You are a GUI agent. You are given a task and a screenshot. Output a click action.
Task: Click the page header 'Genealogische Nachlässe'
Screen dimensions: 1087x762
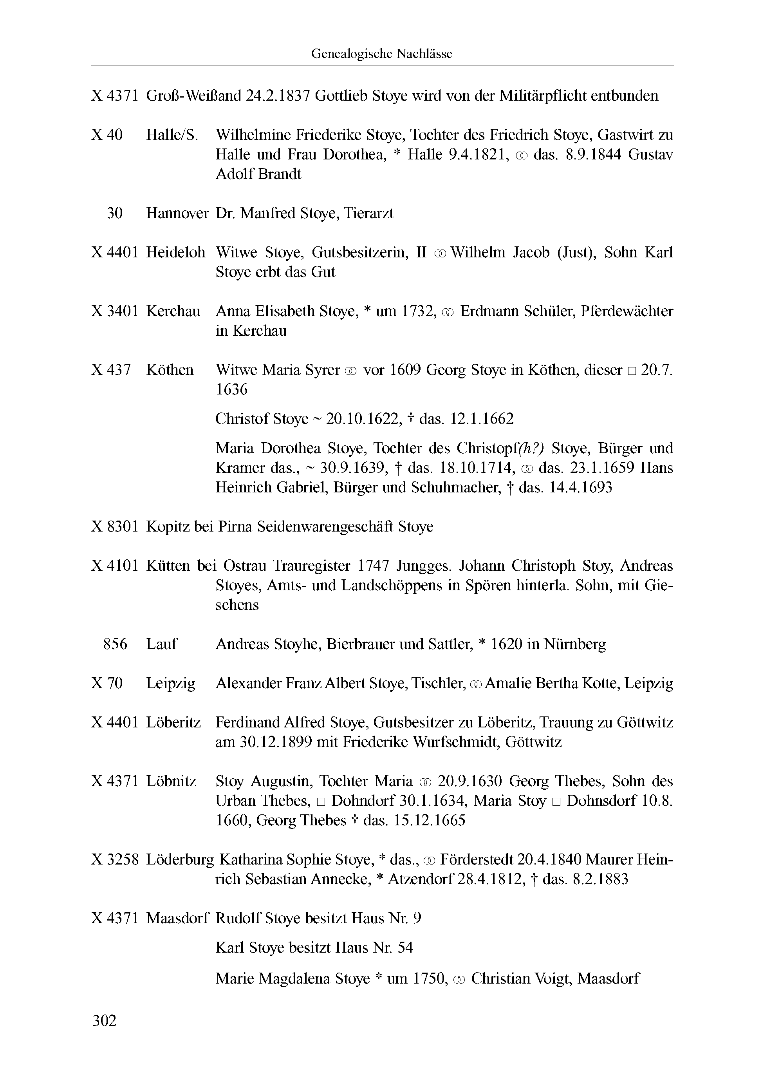tap(381, 54)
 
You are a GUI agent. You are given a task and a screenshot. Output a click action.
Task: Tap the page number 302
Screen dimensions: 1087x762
tap(104, 1020)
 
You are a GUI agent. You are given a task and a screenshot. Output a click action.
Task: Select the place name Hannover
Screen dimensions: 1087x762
tap(177, 213)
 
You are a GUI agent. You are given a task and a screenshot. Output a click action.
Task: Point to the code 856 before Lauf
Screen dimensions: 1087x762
tap(115, 644)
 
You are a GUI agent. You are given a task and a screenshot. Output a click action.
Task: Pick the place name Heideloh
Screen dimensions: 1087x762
tap(175, 252)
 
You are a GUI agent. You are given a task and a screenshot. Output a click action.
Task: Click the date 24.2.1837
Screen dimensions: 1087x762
tap(278, 96)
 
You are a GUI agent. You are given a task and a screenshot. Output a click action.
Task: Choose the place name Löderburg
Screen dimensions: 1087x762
tap(180, 859)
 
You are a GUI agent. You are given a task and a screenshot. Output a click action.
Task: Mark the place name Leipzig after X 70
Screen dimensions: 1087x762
tap(170, 683)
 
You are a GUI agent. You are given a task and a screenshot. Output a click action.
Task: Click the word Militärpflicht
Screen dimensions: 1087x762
tap(536, 96)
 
